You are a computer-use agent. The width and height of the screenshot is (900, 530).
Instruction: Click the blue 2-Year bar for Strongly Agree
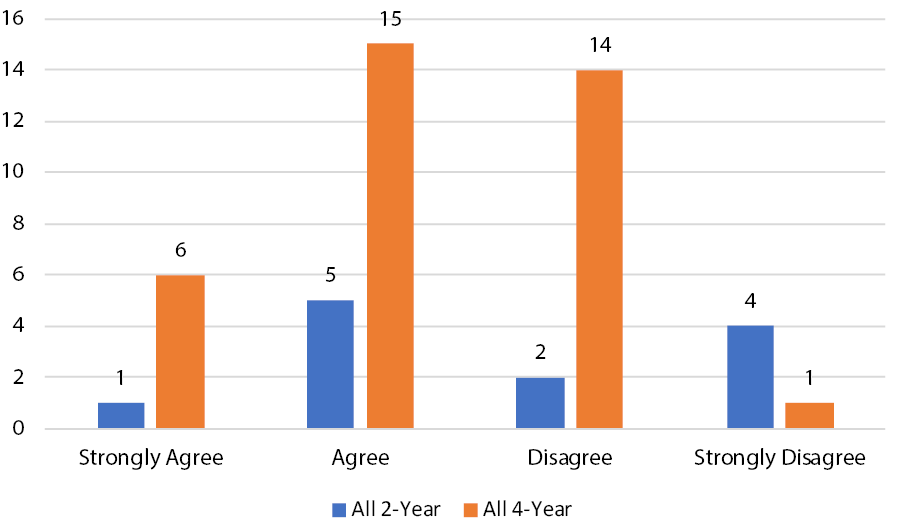[120, 415]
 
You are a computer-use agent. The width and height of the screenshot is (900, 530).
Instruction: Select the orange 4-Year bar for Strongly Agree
[181, 351]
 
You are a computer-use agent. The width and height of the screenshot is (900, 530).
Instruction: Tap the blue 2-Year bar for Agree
[329, 364]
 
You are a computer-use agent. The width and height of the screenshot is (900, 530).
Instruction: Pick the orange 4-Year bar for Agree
[390, 236]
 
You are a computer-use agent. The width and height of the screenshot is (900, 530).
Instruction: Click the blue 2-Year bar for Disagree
[540, 403]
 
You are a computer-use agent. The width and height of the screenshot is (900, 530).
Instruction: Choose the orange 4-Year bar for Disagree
[600, 249]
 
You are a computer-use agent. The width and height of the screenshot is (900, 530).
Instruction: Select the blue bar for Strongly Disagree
[750, 377]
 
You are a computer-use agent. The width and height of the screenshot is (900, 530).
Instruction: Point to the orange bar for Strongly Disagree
[810, 415]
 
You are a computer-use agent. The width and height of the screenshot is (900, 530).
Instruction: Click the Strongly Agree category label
[151, 458]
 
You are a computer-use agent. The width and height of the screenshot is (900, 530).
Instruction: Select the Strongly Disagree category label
[780, 458]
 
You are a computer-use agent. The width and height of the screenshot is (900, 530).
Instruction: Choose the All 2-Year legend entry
[387, 509]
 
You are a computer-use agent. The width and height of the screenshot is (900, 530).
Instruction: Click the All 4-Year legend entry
[519, 509]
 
